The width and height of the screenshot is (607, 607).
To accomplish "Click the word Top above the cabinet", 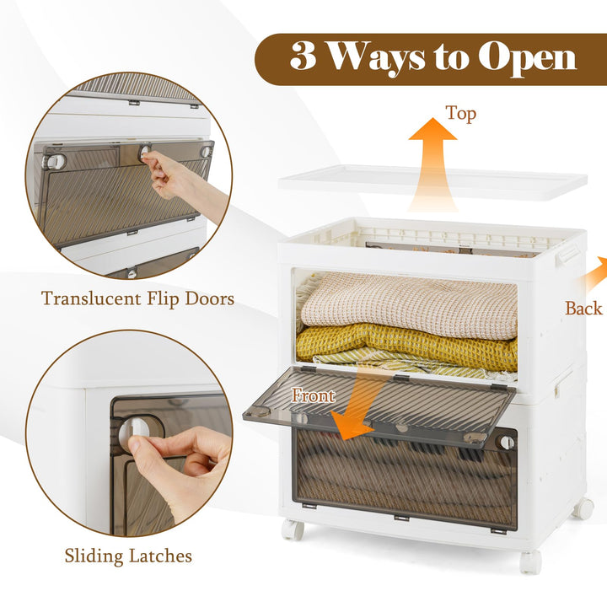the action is (x=460, y=114).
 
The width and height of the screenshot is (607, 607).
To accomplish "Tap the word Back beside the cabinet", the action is (x=583, y=309).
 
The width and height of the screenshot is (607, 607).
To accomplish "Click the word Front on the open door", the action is (x=313, y=395).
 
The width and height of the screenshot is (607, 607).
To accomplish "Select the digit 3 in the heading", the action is (x=303, y=56).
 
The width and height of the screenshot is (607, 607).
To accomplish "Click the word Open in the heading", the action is (x=527, y=59).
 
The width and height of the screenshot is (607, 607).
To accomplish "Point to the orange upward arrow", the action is (x=432, y=164).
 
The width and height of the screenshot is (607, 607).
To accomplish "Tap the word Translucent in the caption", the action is (x=92, y=298).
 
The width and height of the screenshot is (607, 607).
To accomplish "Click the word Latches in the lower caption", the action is (x=160, y=556).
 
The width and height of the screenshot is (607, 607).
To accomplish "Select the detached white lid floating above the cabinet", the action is (x=432, y=183).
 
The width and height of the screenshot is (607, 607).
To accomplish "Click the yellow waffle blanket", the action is (x=406, y=346).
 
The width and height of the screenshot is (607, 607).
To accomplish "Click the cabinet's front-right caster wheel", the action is (x=530, y=561).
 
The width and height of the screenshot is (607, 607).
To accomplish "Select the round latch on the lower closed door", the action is (x=508, y=442).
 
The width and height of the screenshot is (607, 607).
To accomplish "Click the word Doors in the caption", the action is (x=210, y=298).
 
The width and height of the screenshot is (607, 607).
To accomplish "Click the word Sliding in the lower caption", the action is (x=94, y=556).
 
